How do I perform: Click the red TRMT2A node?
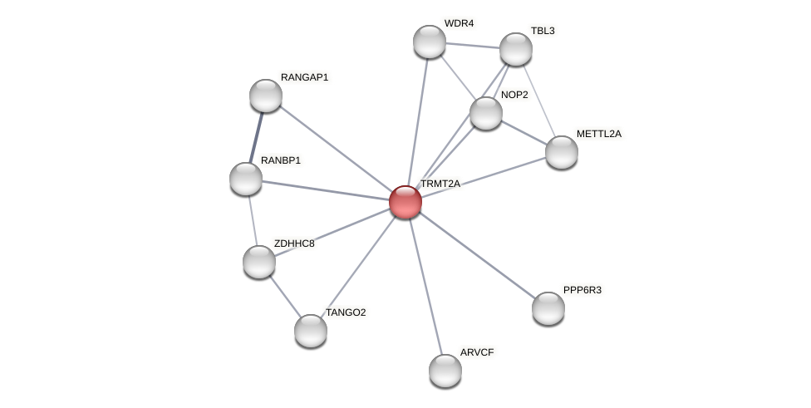click(x=405, y=202)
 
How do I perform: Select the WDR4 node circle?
click(x=430, y=42)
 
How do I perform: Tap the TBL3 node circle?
click(x=516, y=49)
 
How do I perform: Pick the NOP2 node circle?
click(x=486, y=113)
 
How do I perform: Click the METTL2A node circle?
click(x=562, y=151)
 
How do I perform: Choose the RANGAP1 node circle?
click(x=266, y=96)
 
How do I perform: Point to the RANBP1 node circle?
click(x=246, y=179)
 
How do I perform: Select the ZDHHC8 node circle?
click(x=259, y=262)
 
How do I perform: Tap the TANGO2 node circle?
click(x=311, y=330)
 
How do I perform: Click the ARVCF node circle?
click(x=445, y=370)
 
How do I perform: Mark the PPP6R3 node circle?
click(x=548, y=308)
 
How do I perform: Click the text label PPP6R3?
click(x=582, y=290)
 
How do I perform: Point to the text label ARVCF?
click(x=477, y=352)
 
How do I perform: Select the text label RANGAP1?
click(x=304, y=77)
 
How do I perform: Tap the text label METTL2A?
click(x=598, y=134)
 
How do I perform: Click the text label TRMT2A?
click(x=440, y=184)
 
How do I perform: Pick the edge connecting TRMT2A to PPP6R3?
click(x=477, y=255)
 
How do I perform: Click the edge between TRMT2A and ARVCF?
click(x=425, y=286)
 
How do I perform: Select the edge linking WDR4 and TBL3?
click(x=473, y=45)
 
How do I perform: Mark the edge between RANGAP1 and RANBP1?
click(x=256, y=137)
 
